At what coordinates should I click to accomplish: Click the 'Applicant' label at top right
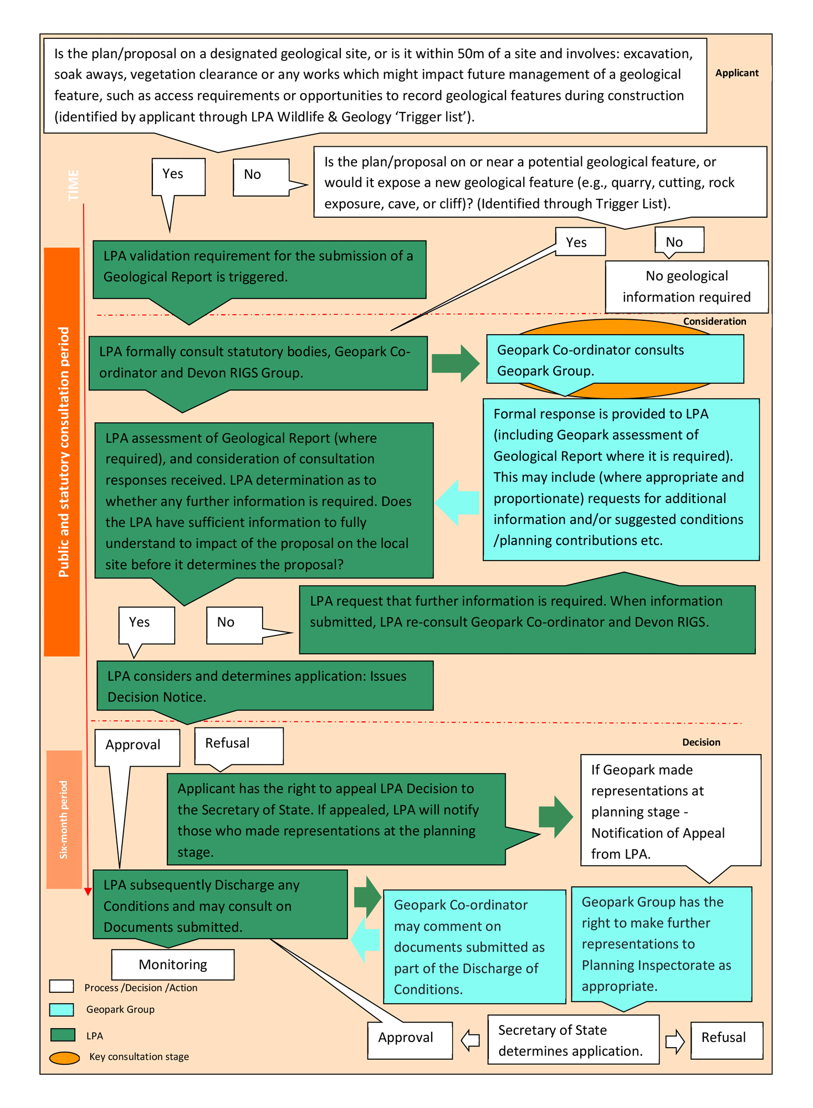(736, 73)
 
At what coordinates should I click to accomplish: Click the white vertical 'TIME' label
(73, 186)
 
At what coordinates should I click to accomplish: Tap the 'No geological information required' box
(686, 286)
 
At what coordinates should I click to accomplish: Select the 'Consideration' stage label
(714, 321)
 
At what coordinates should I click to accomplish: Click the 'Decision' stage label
(700, 742)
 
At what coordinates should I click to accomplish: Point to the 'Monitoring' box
(172, 965)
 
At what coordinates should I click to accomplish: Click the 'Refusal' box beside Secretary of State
(726, 1038)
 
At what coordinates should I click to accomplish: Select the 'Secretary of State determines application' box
(573, 1040)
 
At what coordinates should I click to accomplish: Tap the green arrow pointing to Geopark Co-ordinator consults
(455, 363)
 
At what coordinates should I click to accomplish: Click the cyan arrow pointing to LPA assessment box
(458, 502)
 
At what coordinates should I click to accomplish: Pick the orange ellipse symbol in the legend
(64, 1058)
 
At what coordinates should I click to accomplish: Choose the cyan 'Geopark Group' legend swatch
(62, 1009)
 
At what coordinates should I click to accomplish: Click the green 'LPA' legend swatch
(62, 1035)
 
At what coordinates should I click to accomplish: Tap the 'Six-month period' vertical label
(64, 820)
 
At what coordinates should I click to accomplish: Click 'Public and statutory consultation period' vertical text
(63, 452)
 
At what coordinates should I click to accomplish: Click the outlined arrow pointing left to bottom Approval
(470, 1040)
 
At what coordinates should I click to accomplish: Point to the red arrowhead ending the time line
(88, 891)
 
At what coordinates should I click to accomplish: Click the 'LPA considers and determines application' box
(265, 686)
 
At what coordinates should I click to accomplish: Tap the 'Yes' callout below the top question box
(178, 176)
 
